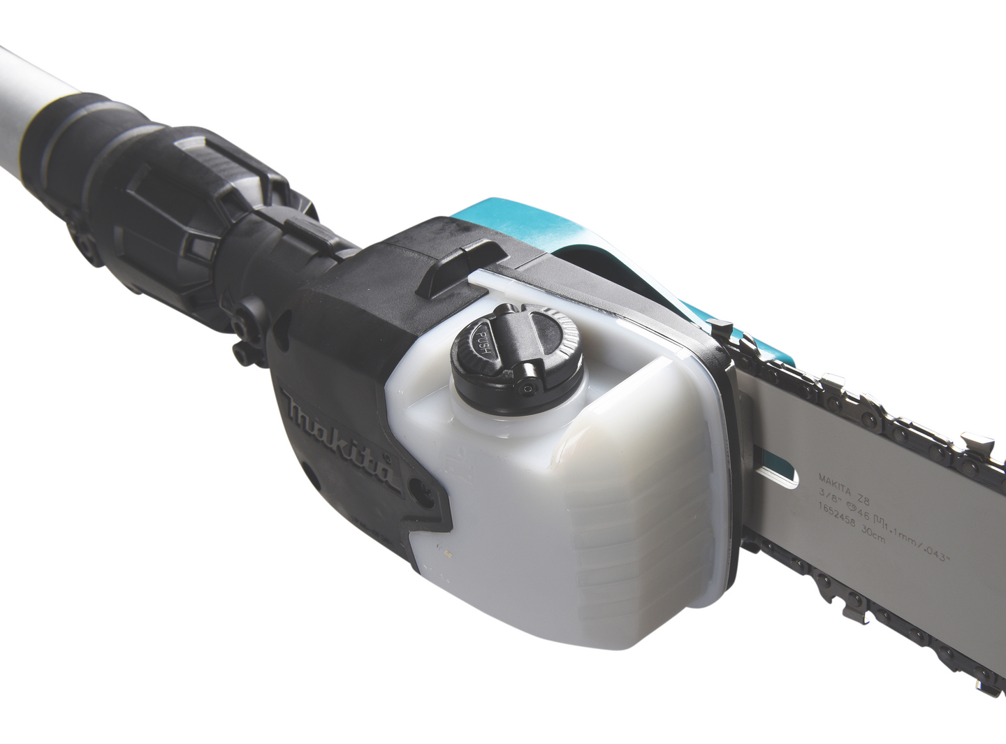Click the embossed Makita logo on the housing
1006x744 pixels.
pos(341,437)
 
